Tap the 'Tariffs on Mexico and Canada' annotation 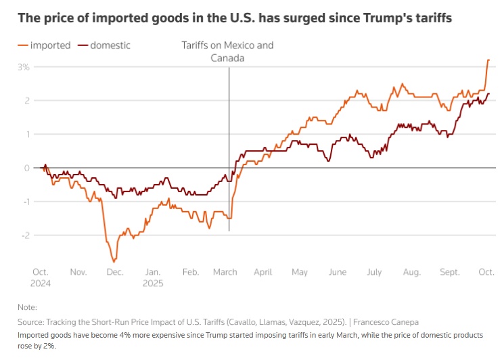[227, 51]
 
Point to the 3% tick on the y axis [23, 67]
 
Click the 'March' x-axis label [225, 272]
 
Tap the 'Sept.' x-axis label [451, 272]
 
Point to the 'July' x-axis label [374, 272]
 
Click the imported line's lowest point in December [114, 261]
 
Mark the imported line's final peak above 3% [488, 60]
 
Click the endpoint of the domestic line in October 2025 [489, 94]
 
